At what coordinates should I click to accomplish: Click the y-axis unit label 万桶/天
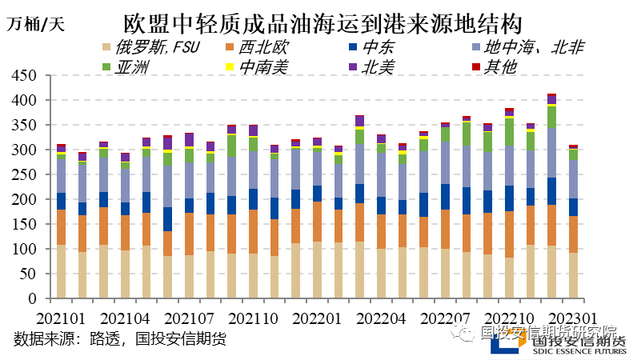[x=36, y=22]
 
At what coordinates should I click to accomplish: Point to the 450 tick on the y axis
[x=26, y=76]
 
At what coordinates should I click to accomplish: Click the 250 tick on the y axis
[x=26, y=175]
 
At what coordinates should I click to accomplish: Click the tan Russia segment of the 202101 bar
[x=61, y=272]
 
